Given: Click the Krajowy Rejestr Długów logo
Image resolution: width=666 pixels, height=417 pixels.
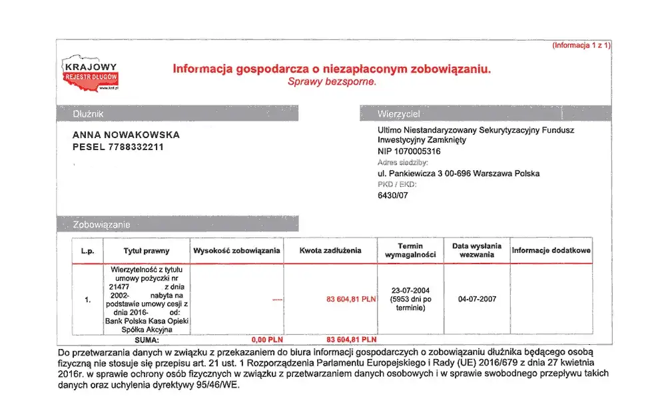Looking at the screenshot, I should pos(90,75).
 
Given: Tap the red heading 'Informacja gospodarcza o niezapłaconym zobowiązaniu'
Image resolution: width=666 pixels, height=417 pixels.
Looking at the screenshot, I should pos(332,69).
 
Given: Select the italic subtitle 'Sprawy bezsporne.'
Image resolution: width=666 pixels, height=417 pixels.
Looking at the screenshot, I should pos(332,82).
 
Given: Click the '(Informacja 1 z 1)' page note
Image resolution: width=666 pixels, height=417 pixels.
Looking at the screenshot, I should pos(581,45).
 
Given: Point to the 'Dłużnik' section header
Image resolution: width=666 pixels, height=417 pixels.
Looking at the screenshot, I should pos(88,114).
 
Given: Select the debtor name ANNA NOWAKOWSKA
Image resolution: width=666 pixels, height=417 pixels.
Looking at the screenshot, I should pos(126,135).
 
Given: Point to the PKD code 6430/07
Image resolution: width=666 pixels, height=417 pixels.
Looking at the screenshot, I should pos(394,195).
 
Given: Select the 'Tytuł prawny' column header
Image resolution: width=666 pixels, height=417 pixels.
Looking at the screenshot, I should pos(147,251).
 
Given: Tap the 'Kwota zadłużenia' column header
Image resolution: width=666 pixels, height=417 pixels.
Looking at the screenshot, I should pos(330,250).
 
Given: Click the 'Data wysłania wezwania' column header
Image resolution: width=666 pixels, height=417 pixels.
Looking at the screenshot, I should pos(476,250).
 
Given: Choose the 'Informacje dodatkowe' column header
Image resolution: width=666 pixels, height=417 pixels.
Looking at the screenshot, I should pos(551,250).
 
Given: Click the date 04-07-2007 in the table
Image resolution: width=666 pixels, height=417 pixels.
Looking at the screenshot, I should pos(477,299).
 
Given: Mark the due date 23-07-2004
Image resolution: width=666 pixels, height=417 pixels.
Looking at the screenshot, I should pos(410,290).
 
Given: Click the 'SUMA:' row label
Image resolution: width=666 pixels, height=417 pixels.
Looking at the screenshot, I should pos(147,340).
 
